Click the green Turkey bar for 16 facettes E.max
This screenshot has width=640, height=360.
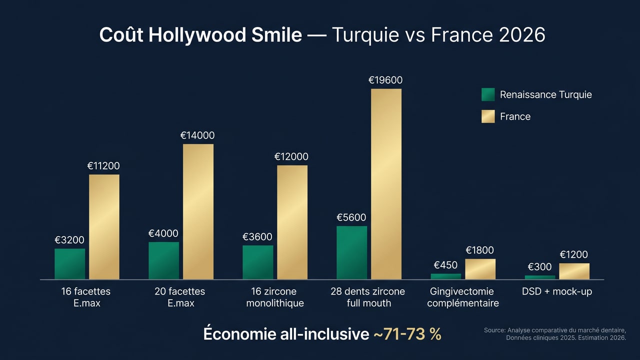point(69,264)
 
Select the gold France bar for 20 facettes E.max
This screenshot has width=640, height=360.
point(198,211)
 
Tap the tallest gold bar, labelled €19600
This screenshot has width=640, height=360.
point(386,184)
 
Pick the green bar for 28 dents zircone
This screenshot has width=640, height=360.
point(351,252)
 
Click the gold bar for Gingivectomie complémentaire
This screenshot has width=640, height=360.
point(480,269)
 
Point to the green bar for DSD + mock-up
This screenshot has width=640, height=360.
point(540,277)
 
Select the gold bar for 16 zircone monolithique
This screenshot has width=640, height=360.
point(292,222)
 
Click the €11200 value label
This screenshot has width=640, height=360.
point(103,166)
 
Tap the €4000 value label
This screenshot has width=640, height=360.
point(163,233)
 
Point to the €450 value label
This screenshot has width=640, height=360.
point(445,265)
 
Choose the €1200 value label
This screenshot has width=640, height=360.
point(573,255)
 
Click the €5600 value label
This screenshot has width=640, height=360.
point(351,217)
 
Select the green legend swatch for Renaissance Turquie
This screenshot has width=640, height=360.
point(488,94)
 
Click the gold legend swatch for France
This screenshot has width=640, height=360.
point(488,116)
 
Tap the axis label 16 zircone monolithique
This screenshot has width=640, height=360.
point(274,297)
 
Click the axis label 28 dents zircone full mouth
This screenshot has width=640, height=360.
point(367,297)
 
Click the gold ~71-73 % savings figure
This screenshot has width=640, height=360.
point(407,334)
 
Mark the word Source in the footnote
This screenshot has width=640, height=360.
point(494,330)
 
